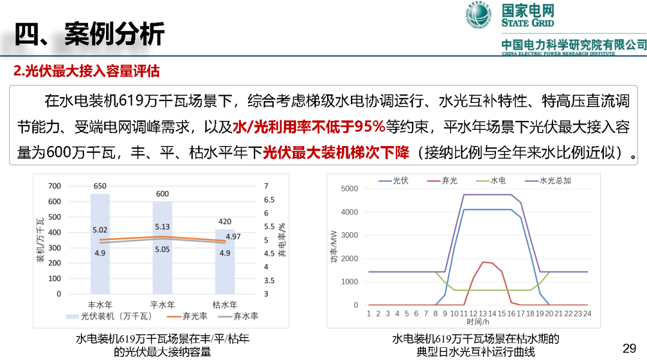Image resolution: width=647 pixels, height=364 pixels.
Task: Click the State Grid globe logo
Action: tap(479, 15)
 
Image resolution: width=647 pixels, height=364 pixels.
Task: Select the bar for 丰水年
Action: tap(100, 244)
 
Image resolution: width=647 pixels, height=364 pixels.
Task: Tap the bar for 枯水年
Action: tap(225, 262)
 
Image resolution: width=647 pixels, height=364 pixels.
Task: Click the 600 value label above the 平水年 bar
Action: tap(162, 194)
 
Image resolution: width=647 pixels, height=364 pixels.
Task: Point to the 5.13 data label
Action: tap(162, 227)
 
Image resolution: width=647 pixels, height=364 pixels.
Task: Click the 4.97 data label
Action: tap(233, 236)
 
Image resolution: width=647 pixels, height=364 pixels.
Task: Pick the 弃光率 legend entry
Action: tap(187, 316)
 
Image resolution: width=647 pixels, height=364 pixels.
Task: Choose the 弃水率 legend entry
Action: tap(238, 316)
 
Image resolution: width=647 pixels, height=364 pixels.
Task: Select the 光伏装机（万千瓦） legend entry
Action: tap(109, 316)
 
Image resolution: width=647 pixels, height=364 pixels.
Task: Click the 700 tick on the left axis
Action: tap(55, 186)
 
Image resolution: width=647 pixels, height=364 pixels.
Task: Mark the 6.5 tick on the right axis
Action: tap(269, 199)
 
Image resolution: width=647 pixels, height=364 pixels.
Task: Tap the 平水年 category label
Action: tap(162, 305)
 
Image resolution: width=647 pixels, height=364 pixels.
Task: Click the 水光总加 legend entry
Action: tap(548, 181)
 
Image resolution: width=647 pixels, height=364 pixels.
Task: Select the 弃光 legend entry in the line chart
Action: tap(442, 181)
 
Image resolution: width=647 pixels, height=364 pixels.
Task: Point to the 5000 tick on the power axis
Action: tap(349, 189)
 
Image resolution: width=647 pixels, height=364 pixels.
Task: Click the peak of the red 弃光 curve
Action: tap(483, 262)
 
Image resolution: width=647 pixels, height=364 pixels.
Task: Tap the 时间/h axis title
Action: tap(478, 321)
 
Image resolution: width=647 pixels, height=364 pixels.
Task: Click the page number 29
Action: tap(629, 348)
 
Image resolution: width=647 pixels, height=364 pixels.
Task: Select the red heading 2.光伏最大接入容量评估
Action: tap(86, 71)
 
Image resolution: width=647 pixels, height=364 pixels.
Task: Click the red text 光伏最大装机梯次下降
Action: tap(336, 153)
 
